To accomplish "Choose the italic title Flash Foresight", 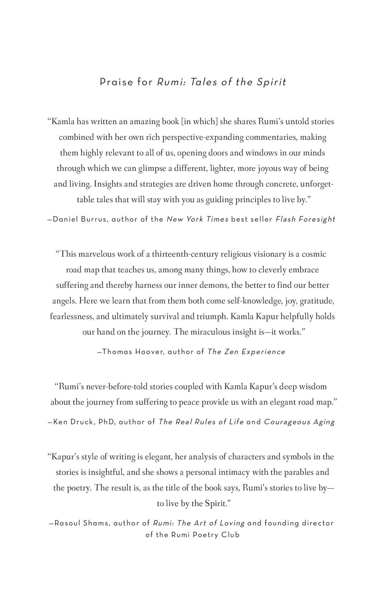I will pyautogui.click(x=306, y=219).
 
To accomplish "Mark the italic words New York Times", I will pyautogui.click(x=198, y=219).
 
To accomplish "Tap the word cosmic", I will pyautogui.click(x=314, y=254).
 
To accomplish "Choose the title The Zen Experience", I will pyautogui.click(x=246, y=352).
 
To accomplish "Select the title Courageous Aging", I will pyautogui.click(x=299, y=422).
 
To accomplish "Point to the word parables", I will pyautogui.click(x=297, y=472).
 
